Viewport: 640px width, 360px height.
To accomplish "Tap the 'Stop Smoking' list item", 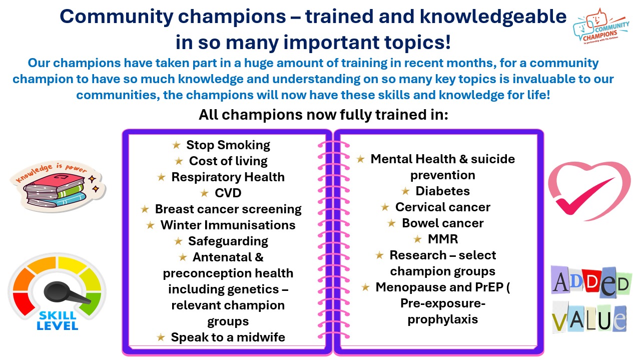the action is click(x=228, y=145).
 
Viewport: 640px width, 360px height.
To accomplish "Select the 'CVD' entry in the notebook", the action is click(x=228, y=193).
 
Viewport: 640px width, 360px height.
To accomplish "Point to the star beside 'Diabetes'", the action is click(x=405, y=191).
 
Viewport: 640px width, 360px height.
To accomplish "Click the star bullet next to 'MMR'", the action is click(x=417, y=239).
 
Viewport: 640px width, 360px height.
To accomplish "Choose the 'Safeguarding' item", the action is click(x=228, y=241).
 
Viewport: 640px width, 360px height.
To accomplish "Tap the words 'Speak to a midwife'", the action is click(x=228, y=337).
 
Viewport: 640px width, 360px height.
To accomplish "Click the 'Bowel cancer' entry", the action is click(x=442, y=223).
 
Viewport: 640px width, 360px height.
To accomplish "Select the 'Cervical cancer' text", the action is click(x=442, y=207).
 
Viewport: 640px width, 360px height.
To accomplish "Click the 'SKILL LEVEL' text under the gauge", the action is click(x=58, y=320).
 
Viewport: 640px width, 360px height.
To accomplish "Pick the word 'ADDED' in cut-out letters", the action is click(x=591, y=282).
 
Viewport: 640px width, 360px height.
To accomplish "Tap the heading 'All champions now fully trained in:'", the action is click(x=323, y=115).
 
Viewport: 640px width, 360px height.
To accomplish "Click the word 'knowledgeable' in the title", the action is click(x=493, y=17).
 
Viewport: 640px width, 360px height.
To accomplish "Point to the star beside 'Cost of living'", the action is click(x=179, y=161).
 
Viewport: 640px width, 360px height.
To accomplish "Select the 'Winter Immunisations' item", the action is click(x=228, y=225).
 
